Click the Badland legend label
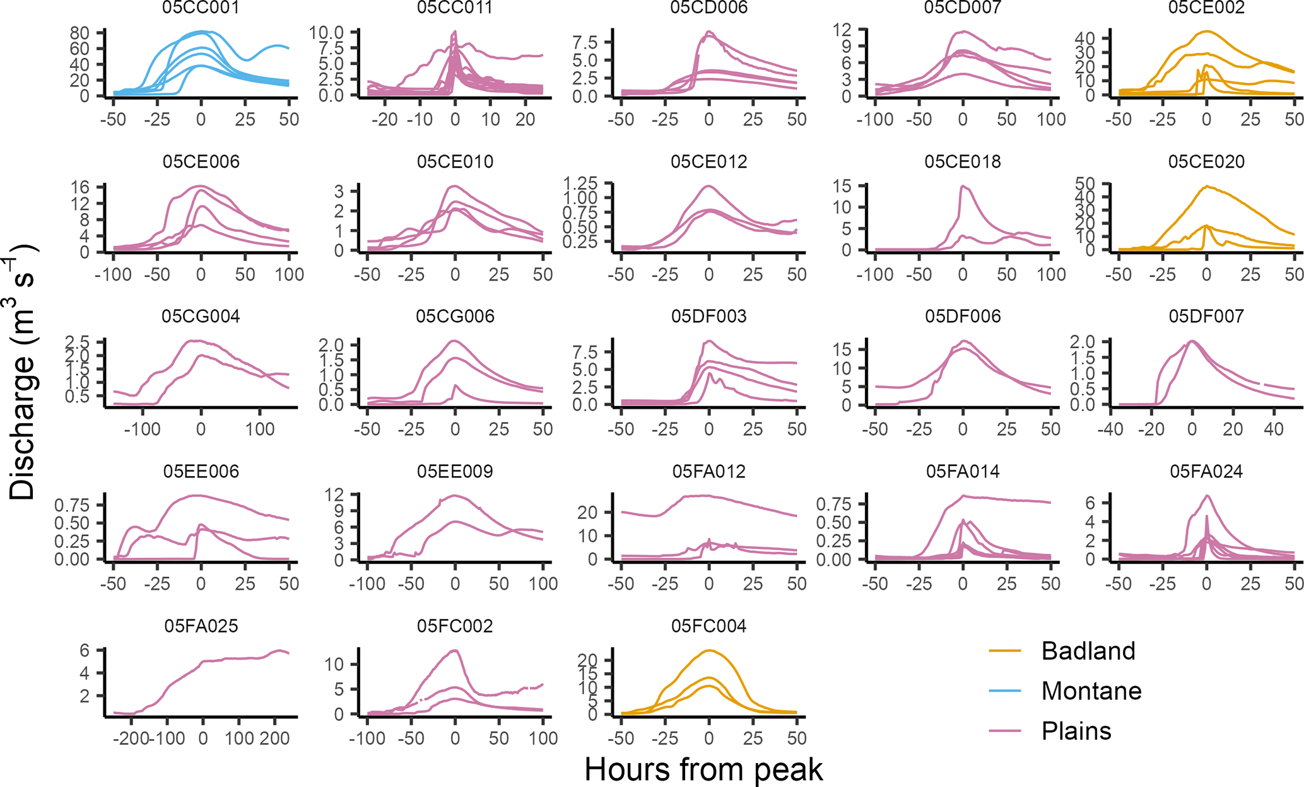pos(1088,651)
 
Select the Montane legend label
pos(1091,691)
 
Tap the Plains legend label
pos(1076,732)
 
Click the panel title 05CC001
pos(201,8)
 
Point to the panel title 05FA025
pos(201,626)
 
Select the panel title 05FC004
pos(708,626)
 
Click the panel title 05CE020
pos(1206,162)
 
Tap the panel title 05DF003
pos(708,317)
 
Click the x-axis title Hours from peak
pos(703,770)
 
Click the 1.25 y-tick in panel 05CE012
pos(580,184)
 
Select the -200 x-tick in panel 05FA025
pos(131,738)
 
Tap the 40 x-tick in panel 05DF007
pos(1274,429)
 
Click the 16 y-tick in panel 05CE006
pos(81,187)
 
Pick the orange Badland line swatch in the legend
pos(1005,651)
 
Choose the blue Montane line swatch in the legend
pos(1005,691)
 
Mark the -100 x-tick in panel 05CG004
pos(142,429)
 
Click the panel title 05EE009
pos(455,472)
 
